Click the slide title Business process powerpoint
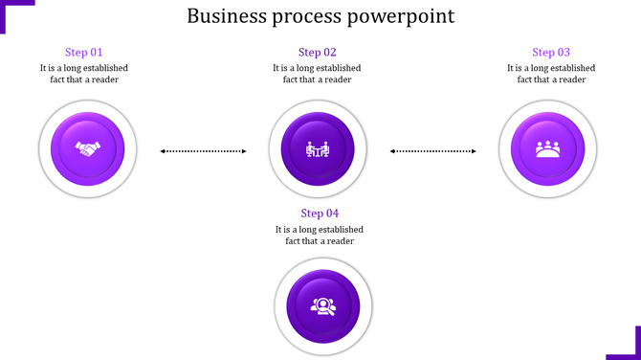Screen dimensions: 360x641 [x=320, y=16]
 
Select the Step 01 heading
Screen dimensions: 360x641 [x=83, y=53]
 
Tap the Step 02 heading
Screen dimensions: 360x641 [x=318, y=53]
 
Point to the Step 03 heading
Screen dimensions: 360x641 [x=551, y=53]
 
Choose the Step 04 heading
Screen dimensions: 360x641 [x=320, y=214]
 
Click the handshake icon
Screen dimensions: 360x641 [x=88, y=150]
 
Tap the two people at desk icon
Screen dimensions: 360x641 [x=318, y=149]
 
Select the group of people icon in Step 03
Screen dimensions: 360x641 [x=548, y=149]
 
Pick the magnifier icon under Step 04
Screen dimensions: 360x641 [x=321, y=306]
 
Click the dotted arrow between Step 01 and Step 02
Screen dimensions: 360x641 [x=203, y=150]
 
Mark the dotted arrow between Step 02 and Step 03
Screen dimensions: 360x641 [x=433, y=150]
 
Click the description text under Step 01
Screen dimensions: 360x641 [x=84, y=74]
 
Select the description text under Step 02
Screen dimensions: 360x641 [x=318, y=74]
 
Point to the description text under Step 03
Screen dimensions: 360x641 [x=551, y=74]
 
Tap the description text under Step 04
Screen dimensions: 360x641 [x=320, y=236]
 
